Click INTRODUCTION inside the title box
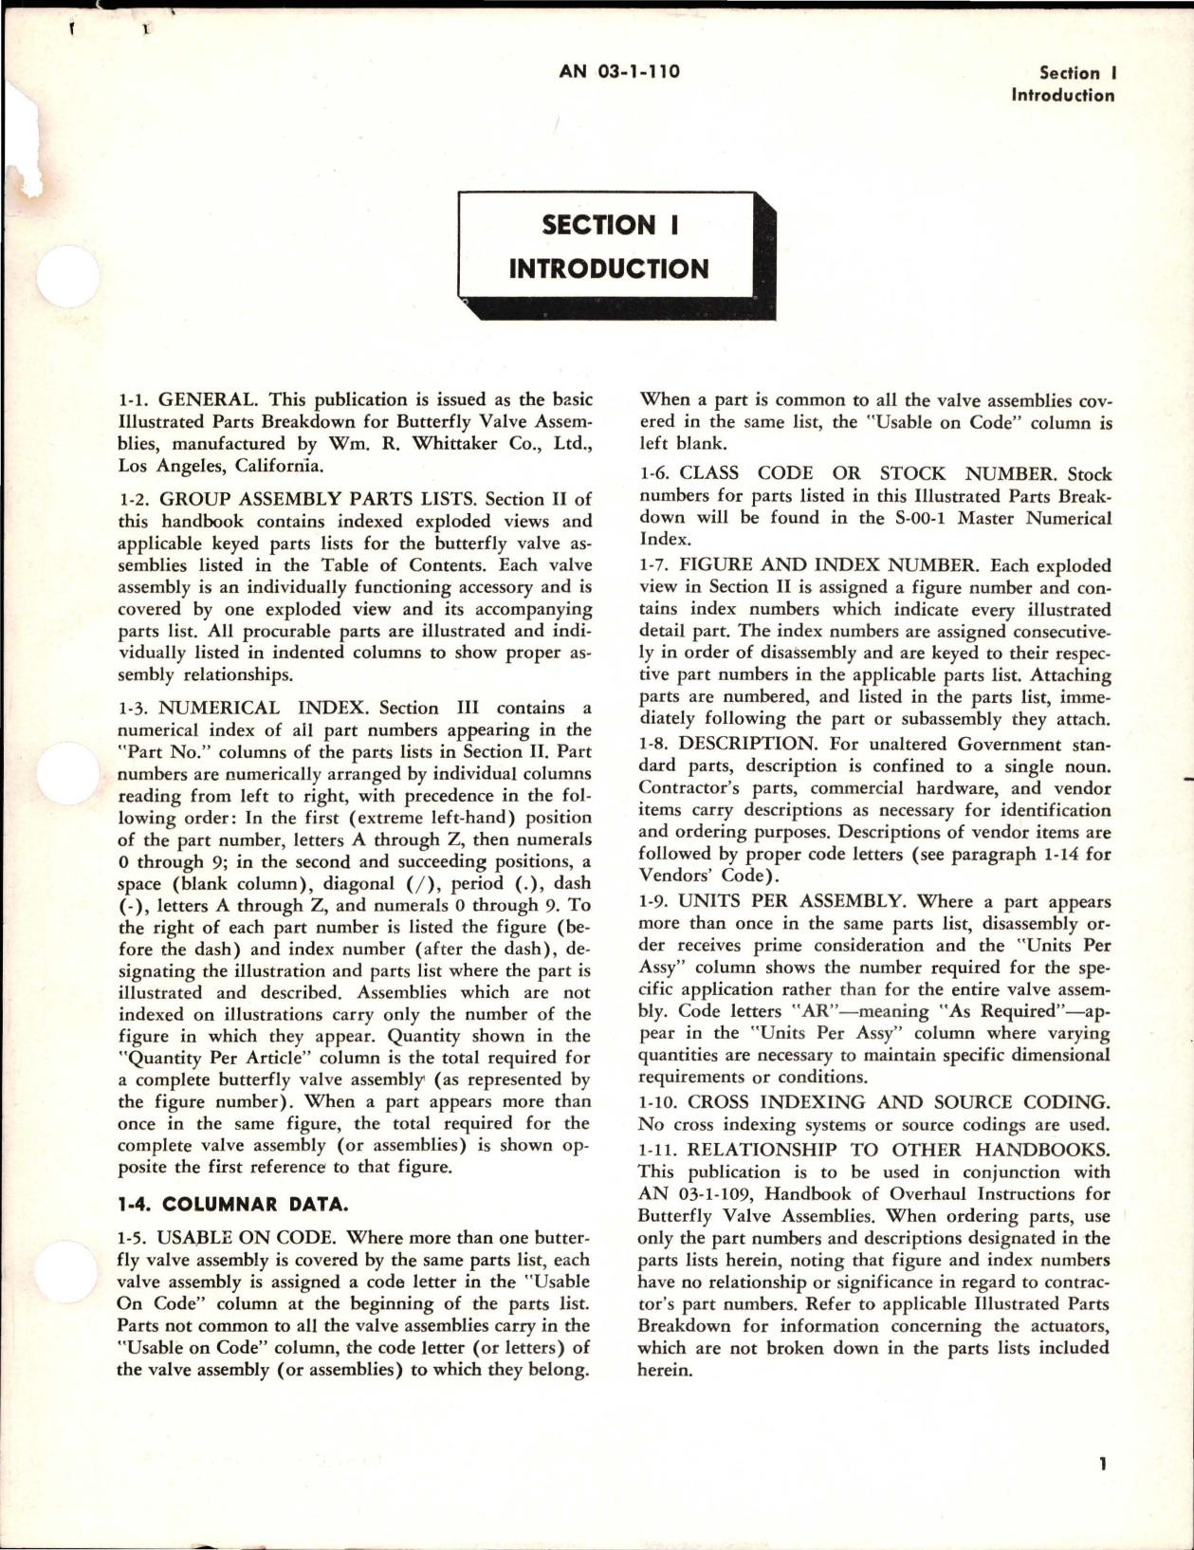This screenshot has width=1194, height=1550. click(608, 268)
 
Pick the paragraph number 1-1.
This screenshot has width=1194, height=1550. click(134, 400)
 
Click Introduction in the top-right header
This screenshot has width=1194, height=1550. click(1063, 95)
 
